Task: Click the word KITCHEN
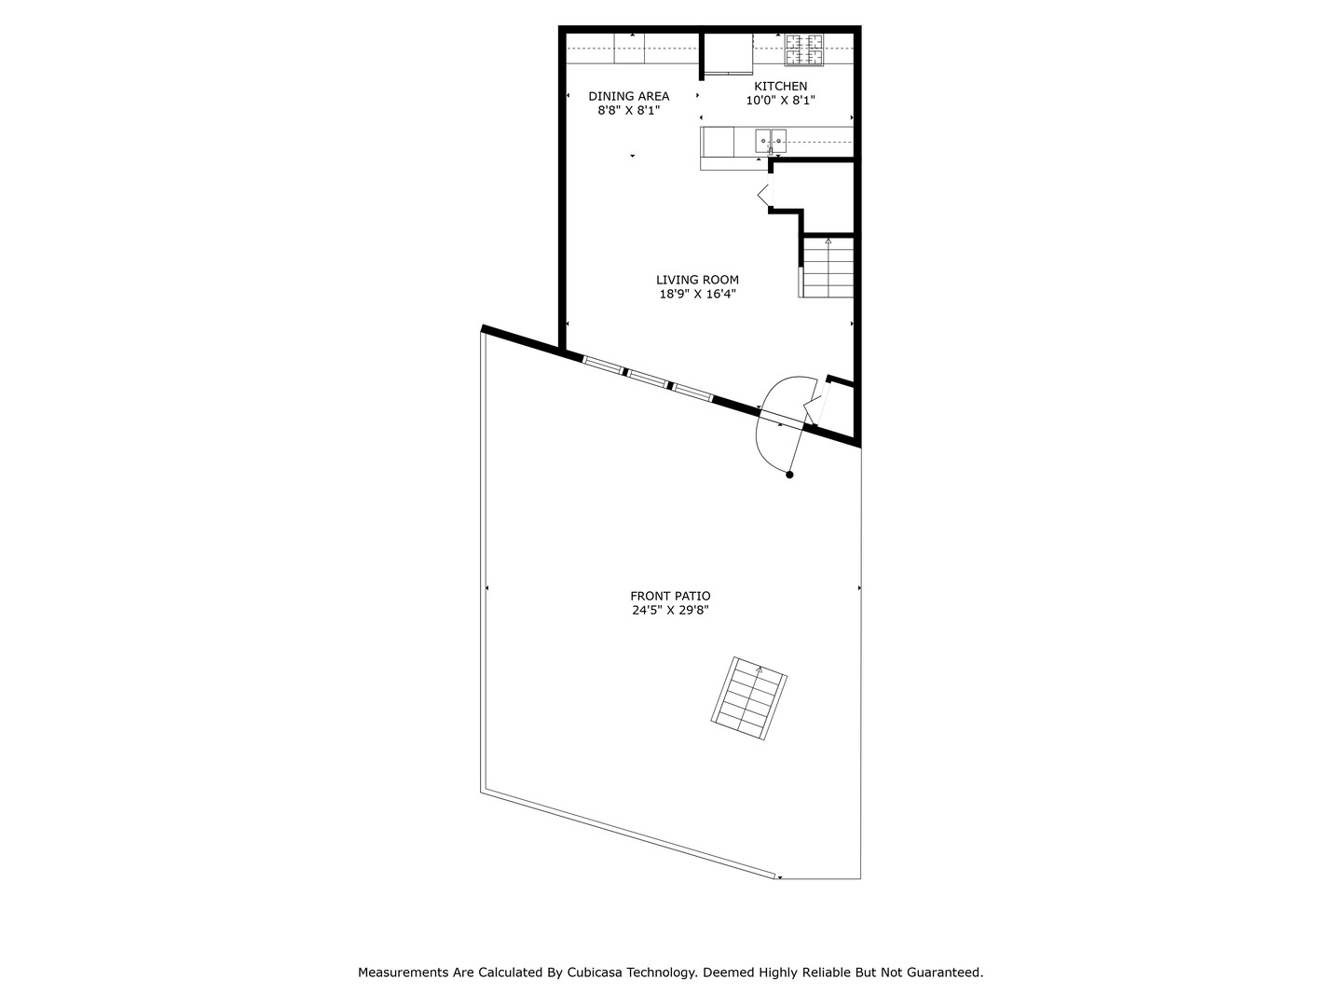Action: click(780, 87)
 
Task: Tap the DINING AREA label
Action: click(628, 96)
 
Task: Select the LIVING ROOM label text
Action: click(697, 280)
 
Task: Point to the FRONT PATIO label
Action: click(670, 597)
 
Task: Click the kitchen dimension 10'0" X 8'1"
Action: click(780, 101)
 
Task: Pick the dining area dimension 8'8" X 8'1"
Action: click(628, 110)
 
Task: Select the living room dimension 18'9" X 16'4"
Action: click(697, 294)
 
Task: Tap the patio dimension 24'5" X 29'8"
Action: click(670, 612)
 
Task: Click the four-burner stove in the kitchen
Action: click(803, 50)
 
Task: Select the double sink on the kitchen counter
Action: click(771, 141)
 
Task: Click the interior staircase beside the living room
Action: click(827, 268)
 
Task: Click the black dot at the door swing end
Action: click(789, 475)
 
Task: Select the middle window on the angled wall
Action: click(647, 378)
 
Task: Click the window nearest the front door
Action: click(692, 392)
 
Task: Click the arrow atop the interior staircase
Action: click(828, 241)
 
